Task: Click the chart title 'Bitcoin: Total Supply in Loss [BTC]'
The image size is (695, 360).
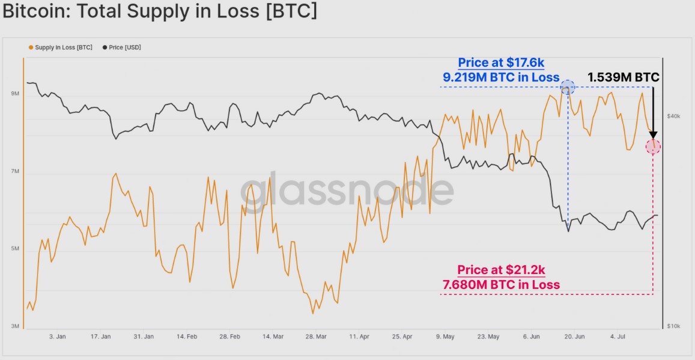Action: [x=160, y=11]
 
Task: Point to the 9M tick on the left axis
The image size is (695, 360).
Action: [x=14, y=94]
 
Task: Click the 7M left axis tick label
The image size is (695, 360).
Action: [x=14, y=172]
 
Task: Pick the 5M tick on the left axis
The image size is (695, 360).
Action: [x=14, y=249]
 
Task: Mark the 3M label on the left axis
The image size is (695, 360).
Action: [x=14, y=326]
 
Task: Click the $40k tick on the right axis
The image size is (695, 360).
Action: [x=673, y=115]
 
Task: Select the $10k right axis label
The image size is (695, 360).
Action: [x=673, y=326]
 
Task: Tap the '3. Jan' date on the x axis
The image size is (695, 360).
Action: [x=57, y=337]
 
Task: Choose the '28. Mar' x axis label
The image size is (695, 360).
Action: [x=317, y=337]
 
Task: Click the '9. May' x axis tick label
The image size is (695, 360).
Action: [x=445, y=337]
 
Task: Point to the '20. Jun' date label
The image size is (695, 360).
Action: [x=575, y=337]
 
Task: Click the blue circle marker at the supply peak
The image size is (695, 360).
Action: [x=568, y=88]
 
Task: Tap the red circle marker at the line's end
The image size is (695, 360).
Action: [x=653, y=146]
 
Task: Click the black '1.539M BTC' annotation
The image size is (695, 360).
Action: [x=623, y=77]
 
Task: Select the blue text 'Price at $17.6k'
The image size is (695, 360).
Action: [x=501, y=63]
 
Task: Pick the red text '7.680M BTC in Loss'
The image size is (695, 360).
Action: [x=501, y=284]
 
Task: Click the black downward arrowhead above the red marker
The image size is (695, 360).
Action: [x=653, y=135]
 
